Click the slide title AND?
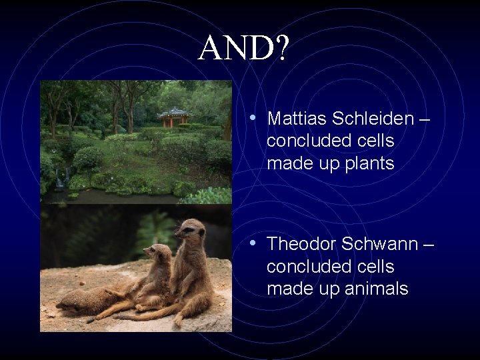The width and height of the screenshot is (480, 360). point(244,48)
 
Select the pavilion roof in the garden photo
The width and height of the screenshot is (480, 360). point(175,112)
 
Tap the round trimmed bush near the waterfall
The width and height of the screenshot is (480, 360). point(88,158)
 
